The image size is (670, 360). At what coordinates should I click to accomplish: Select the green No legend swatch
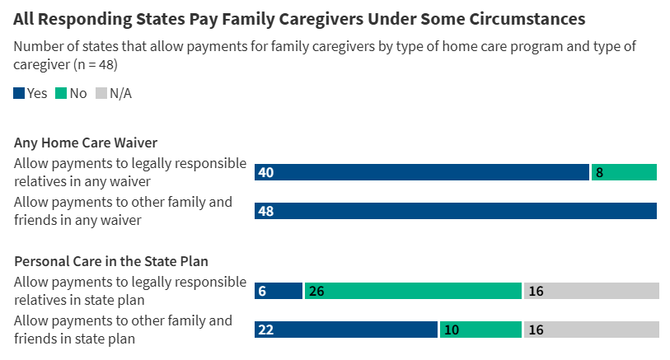[x=61, y=94]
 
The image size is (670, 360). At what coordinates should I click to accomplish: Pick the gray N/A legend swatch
[x=102, y=94]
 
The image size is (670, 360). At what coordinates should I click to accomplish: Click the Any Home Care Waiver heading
[x=86, y=143]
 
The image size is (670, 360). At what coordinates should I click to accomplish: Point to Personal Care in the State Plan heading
[x=111, y=261]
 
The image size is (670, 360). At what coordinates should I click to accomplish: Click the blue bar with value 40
[x=421, y=172]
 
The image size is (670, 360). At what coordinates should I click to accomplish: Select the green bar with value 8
[x=624, y=172]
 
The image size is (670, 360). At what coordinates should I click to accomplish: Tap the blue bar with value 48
[x=455, y=211]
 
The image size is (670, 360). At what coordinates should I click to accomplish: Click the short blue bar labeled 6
[x=279, y=291]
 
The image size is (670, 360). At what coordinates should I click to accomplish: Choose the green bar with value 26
[x=413, y=291]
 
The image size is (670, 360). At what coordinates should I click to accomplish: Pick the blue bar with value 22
[x=345, y=330]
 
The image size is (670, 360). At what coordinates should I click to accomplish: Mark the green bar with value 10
[x=480, y=330]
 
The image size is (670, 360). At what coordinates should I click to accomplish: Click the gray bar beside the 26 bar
[x=592, y=291]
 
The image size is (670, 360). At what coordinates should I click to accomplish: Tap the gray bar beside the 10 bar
[x=592, y=330]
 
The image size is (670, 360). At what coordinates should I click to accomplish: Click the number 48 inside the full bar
[x=265, y=212]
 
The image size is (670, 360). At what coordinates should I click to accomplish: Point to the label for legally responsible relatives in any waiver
[x=130, y=172]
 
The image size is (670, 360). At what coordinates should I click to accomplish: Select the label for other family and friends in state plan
[x=124, y=329]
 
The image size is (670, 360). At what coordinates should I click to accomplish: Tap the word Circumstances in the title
[x=533, y=18]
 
